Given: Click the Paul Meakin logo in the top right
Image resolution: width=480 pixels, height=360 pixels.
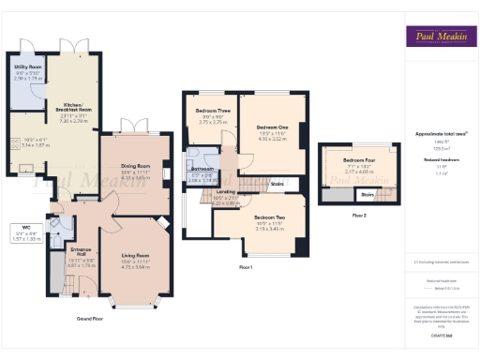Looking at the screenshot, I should [x=441, y=37].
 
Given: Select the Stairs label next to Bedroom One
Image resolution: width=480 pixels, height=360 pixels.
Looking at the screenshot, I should [x=277, y=184].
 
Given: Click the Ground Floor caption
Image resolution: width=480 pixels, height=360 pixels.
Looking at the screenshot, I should [x=89, y=319].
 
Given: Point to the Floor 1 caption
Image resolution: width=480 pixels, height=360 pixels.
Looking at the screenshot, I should [x=246, y=268].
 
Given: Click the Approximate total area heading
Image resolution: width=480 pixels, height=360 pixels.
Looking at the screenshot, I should [x=441, y=134].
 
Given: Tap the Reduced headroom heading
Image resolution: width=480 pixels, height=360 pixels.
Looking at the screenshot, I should [x=441, y=160].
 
